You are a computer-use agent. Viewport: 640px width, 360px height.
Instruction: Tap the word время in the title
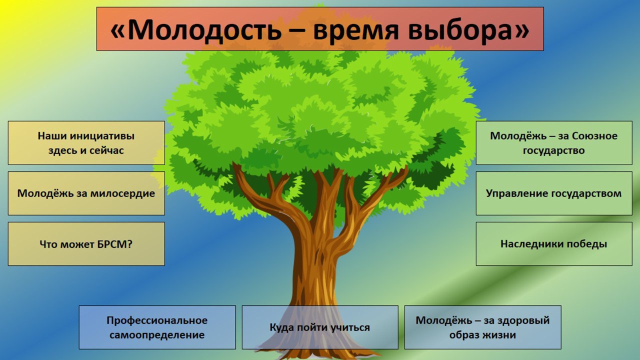tap(355, 31)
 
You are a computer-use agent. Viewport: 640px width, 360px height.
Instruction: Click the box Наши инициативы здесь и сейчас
tap(86, 143)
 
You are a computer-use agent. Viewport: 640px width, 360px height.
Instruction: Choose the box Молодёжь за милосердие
tap(86, 193)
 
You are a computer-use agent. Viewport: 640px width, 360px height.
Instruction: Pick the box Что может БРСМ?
tap(86, 244)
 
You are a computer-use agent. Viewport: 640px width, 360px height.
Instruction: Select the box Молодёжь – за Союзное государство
tap(554, 143)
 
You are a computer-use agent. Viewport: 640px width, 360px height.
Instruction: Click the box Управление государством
tap(554, 193)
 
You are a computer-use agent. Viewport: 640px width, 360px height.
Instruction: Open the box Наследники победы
tap(554, 244)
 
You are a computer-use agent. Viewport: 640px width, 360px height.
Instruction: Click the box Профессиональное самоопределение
tap(157, 327)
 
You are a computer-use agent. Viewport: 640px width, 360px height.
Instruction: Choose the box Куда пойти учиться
tap(320, 327)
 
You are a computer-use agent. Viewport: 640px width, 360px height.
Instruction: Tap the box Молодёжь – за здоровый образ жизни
tap(483, 327)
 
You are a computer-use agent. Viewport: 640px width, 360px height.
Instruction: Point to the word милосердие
tap(122, 193)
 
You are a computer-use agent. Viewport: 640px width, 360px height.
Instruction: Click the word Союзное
tap(594, 136)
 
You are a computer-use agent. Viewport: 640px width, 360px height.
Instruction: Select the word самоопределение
tap(157, 335)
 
